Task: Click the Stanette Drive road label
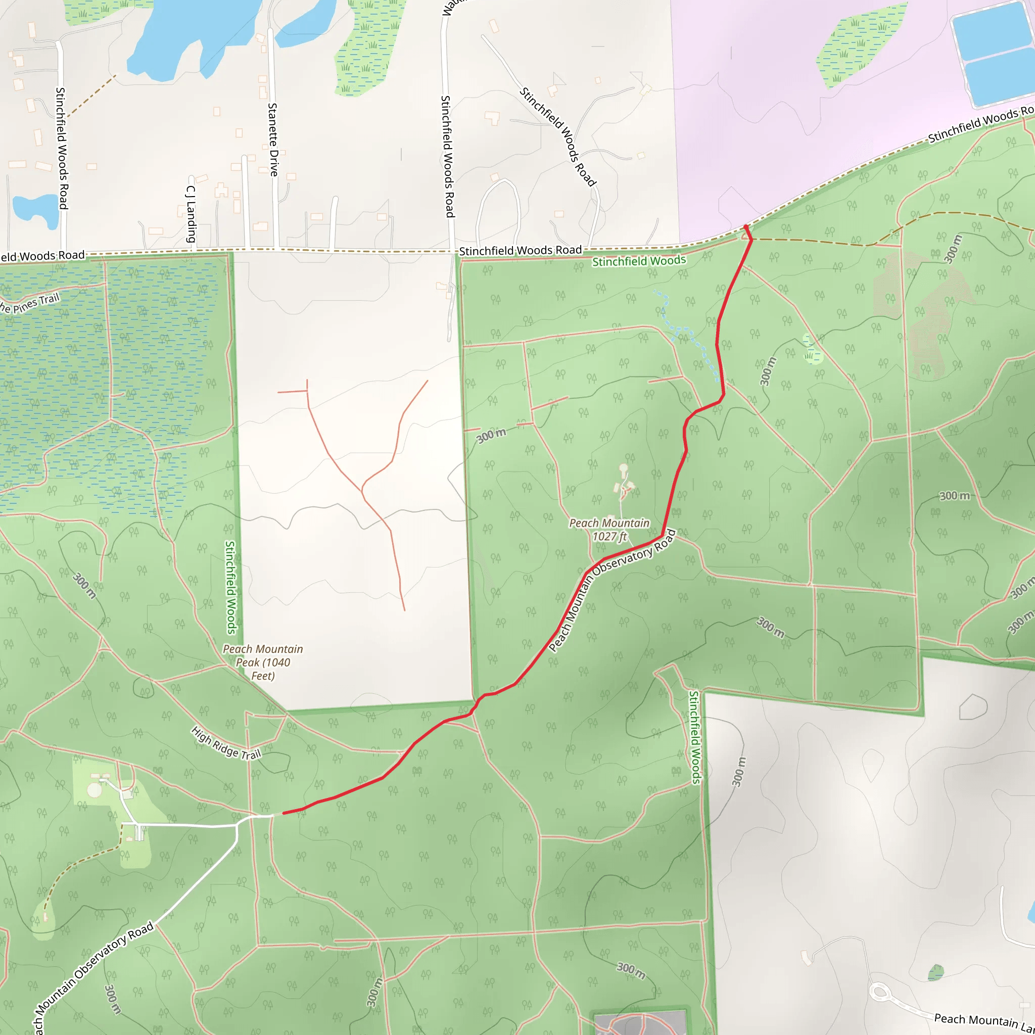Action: click(273, 140)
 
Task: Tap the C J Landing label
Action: click(191, 214)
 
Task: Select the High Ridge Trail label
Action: click(226, 743)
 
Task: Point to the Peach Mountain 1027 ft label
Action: click(609, 529)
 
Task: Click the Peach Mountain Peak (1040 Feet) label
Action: click(263, 662)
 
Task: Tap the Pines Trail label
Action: click(29, 304)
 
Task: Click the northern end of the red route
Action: click(746, 227)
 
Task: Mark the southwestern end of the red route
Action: click(284, 813)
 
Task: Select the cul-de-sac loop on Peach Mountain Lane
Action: click(880, 993)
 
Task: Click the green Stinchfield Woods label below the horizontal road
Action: click(639, 261)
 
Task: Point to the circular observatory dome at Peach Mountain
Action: click(623, 468)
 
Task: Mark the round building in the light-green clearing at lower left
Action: click(95, 790)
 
